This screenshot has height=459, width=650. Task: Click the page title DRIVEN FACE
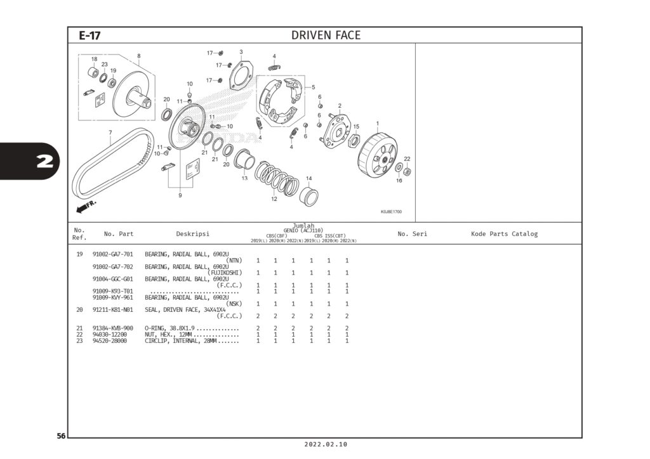click(x=326, y=36)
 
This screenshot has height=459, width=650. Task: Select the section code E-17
click(x=90, y=36)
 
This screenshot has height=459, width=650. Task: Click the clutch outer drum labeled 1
click(x=377, y=154)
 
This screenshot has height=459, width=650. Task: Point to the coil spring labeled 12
click(x=277, y=178)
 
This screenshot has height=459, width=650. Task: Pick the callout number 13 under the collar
click(x=244, y=179)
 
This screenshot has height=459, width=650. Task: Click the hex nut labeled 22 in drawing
click(x=408, y=171)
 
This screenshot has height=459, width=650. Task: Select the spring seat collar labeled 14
click(x=308, y=195)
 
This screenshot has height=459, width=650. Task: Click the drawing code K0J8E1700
click(x=391, y=212)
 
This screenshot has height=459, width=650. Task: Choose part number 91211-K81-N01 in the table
click(x=112, y=310)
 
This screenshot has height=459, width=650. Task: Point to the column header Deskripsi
click(x=192, y=234)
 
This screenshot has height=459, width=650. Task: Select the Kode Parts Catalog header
click(x=504, y=234)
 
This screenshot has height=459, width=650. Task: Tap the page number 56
click(x=61, y=436)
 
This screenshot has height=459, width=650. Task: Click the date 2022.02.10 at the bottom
click(x=326, y=445)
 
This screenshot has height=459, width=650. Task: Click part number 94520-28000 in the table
click(x=109, y=341)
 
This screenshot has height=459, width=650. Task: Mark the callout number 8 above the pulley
click(x=139, y=56)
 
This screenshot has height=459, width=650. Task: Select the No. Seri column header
click(x=412, y=234)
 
